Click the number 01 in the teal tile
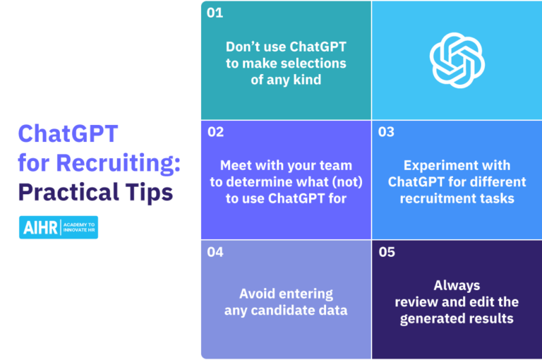coord(215,13)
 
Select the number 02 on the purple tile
coord(216,131)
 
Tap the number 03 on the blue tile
coord(386,132)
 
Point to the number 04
coord(216,252)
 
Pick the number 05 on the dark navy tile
coord(387,252)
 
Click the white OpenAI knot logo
coord(457,59)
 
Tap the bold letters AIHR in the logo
coord(40,227)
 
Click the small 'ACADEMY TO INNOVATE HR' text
coord(79,227)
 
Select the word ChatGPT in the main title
coord(68,134)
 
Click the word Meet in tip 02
coord(236,165)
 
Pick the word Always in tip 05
coord(457,285)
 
